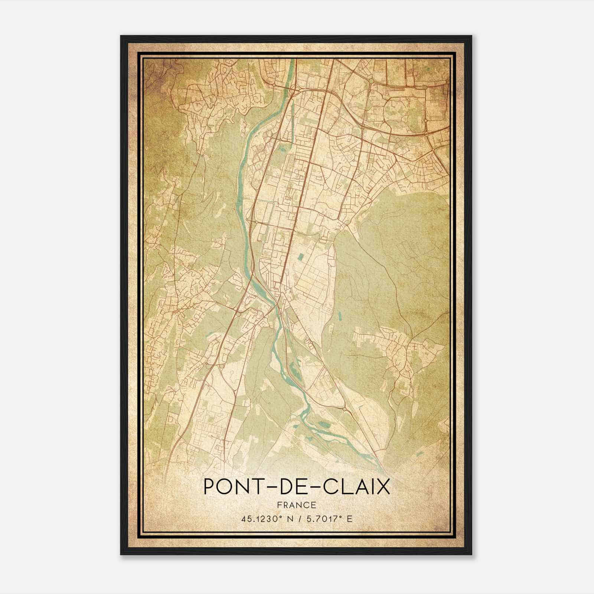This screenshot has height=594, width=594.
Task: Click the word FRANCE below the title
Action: (x=297, y=505)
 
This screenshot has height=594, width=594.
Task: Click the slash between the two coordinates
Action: (x=298, y=519)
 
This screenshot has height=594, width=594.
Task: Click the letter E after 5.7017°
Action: (x=349, y=519)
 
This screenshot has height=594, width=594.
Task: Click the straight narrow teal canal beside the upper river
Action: (x=292, y=119)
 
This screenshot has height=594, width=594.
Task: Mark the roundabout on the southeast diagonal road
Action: (x=344, y=409)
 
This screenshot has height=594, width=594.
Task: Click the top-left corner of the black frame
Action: (x=121, y=36)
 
